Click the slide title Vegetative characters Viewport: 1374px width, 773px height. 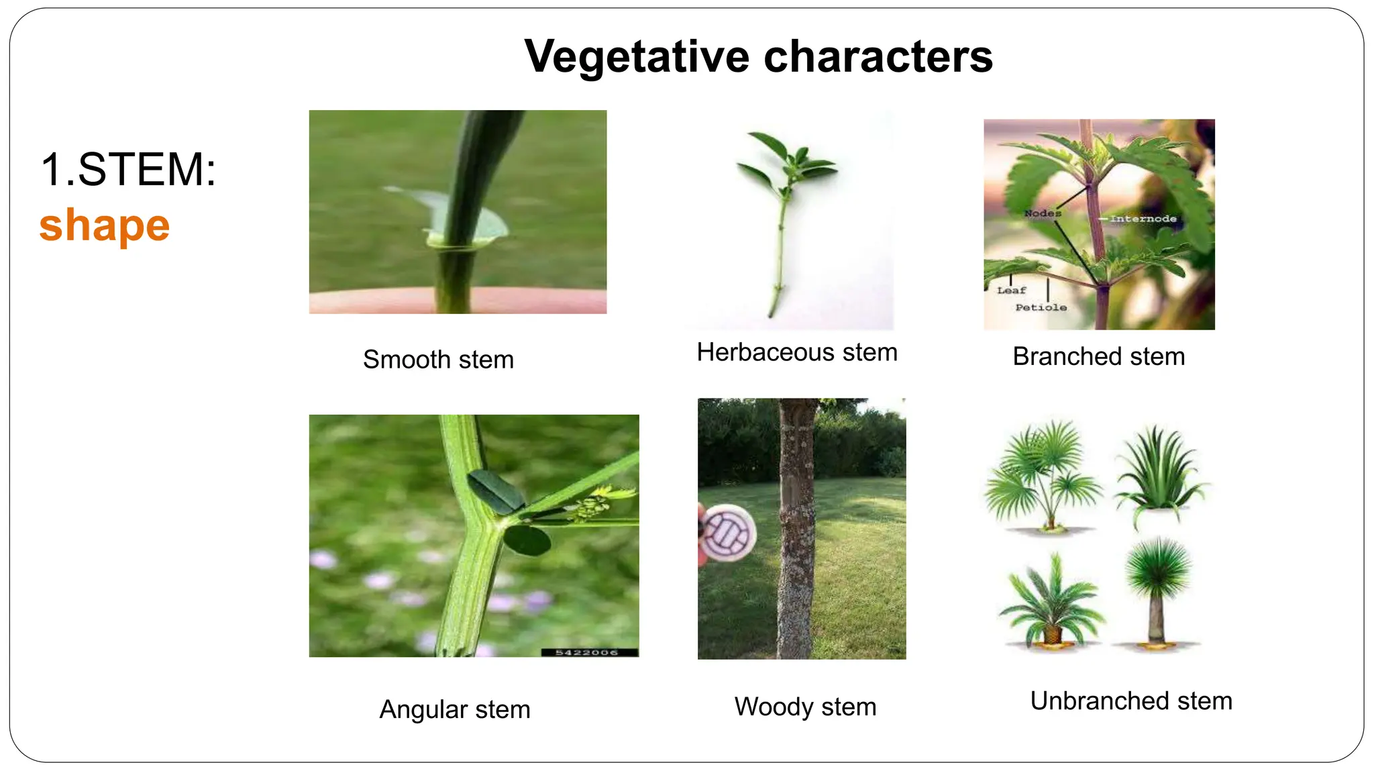[x=758, y=56]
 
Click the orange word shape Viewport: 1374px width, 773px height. [x=105, y=225]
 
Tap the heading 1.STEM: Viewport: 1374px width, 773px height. [x=128, y=169]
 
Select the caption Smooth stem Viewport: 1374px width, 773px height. [x=438, y=360]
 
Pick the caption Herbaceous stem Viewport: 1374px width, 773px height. [x=797, y=352]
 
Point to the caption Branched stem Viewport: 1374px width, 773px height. [x=1099, y=356]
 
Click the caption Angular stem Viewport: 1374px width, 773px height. [x=455, y=709]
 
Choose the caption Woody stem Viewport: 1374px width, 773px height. [x=805, y=707]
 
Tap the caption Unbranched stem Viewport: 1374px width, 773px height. [x=1131, y=701]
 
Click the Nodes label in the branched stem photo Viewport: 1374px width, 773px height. [x=1043, y=213]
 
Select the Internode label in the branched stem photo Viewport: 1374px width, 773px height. [x=1143, y=219]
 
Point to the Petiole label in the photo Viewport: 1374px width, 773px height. [x=1041, y=307]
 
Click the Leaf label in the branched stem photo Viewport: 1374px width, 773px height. [x=1011, y=291]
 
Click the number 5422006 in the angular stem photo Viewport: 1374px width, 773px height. [x=586, y=652]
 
